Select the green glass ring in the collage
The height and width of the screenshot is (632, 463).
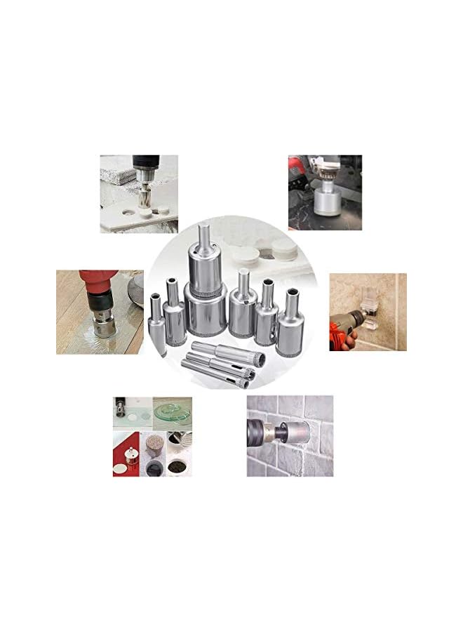click(173, 410)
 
